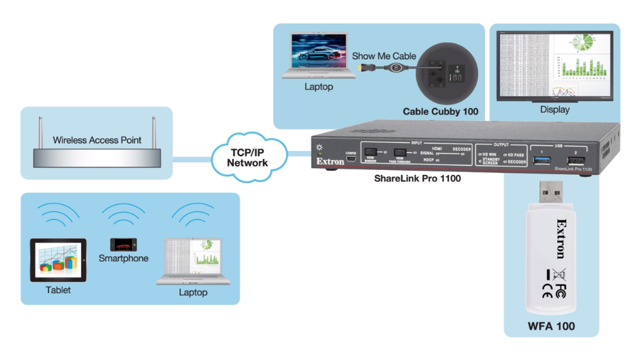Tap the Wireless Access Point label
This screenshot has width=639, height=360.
[97, 140]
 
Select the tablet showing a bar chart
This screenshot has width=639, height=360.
[57, 260]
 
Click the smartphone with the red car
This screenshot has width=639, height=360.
[123, 244]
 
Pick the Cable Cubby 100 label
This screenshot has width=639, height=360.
[440, 112]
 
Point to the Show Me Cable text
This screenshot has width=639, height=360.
[384, 56]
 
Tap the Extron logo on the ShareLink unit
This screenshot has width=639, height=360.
[330, 162]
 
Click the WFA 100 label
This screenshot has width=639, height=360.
[552, 326]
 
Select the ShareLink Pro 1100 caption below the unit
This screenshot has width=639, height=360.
[417, 179]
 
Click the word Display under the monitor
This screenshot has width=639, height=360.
[555, 110]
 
